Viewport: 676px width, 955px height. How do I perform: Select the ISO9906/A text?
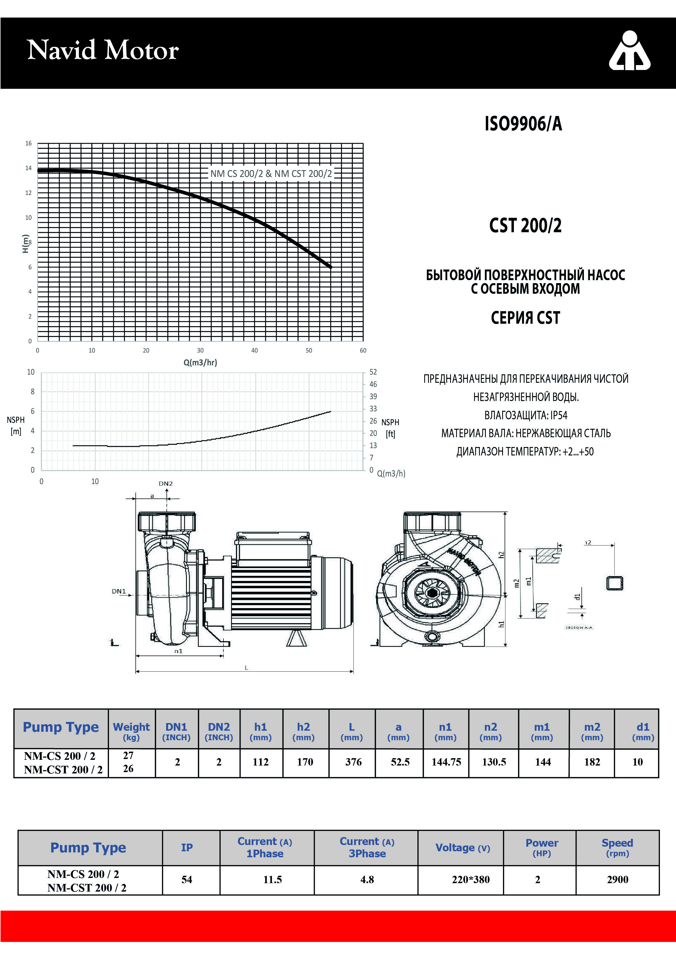523,124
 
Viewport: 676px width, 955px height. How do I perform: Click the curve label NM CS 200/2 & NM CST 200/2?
271,173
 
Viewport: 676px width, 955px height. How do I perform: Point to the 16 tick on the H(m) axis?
28,143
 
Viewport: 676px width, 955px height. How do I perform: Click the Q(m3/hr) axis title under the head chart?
200,362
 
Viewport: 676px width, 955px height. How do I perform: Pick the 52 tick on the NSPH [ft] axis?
373,372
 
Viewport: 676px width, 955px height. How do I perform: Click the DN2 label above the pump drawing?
165,483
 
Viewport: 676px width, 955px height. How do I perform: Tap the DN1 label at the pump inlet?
119,591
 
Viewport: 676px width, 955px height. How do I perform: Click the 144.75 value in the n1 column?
446,762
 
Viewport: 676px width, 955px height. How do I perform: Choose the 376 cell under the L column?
353,762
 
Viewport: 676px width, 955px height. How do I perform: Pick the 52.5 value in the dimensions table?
400,762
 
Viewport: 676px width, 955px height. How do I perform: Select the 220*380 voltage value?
471,879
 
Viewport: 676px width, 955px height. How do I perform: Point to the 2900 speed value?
617,879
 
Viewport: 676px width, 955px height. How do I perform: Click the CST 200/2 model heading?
525,225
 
